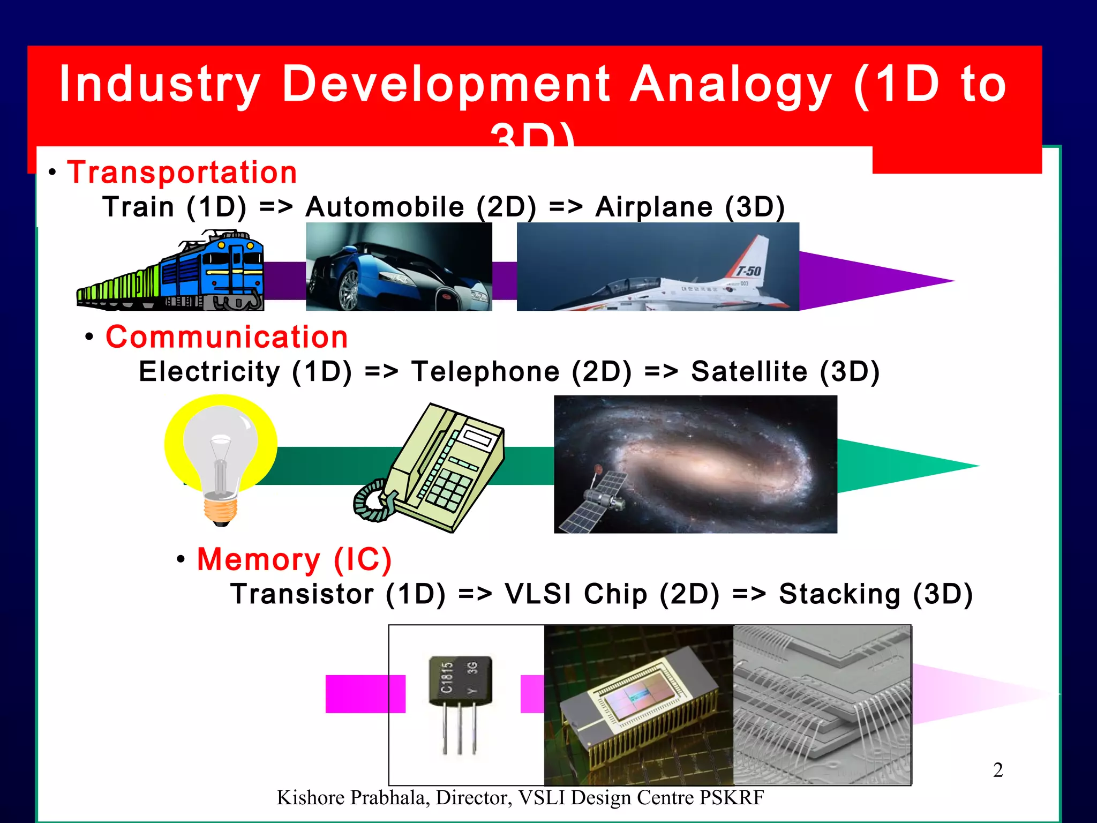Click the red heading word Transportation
click(x=182, y=173)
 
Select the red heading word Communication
click(x=227, y=337)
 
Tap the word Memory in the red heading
click(x=258, y=559)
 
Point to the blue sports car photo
click(x=399, y=267)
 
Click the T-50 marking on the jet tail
click(x=748, y=271)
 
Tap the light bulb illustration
click(x=220, y=455)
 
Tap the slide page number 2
click(x=998, y=770)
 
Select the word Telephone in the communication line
click(x=485, y=372)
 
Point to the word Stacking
click(x=839, y=594)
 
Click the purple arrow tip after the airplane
click(x=911, y=280)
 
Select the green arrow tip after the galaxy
click(x=932, y=465)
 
